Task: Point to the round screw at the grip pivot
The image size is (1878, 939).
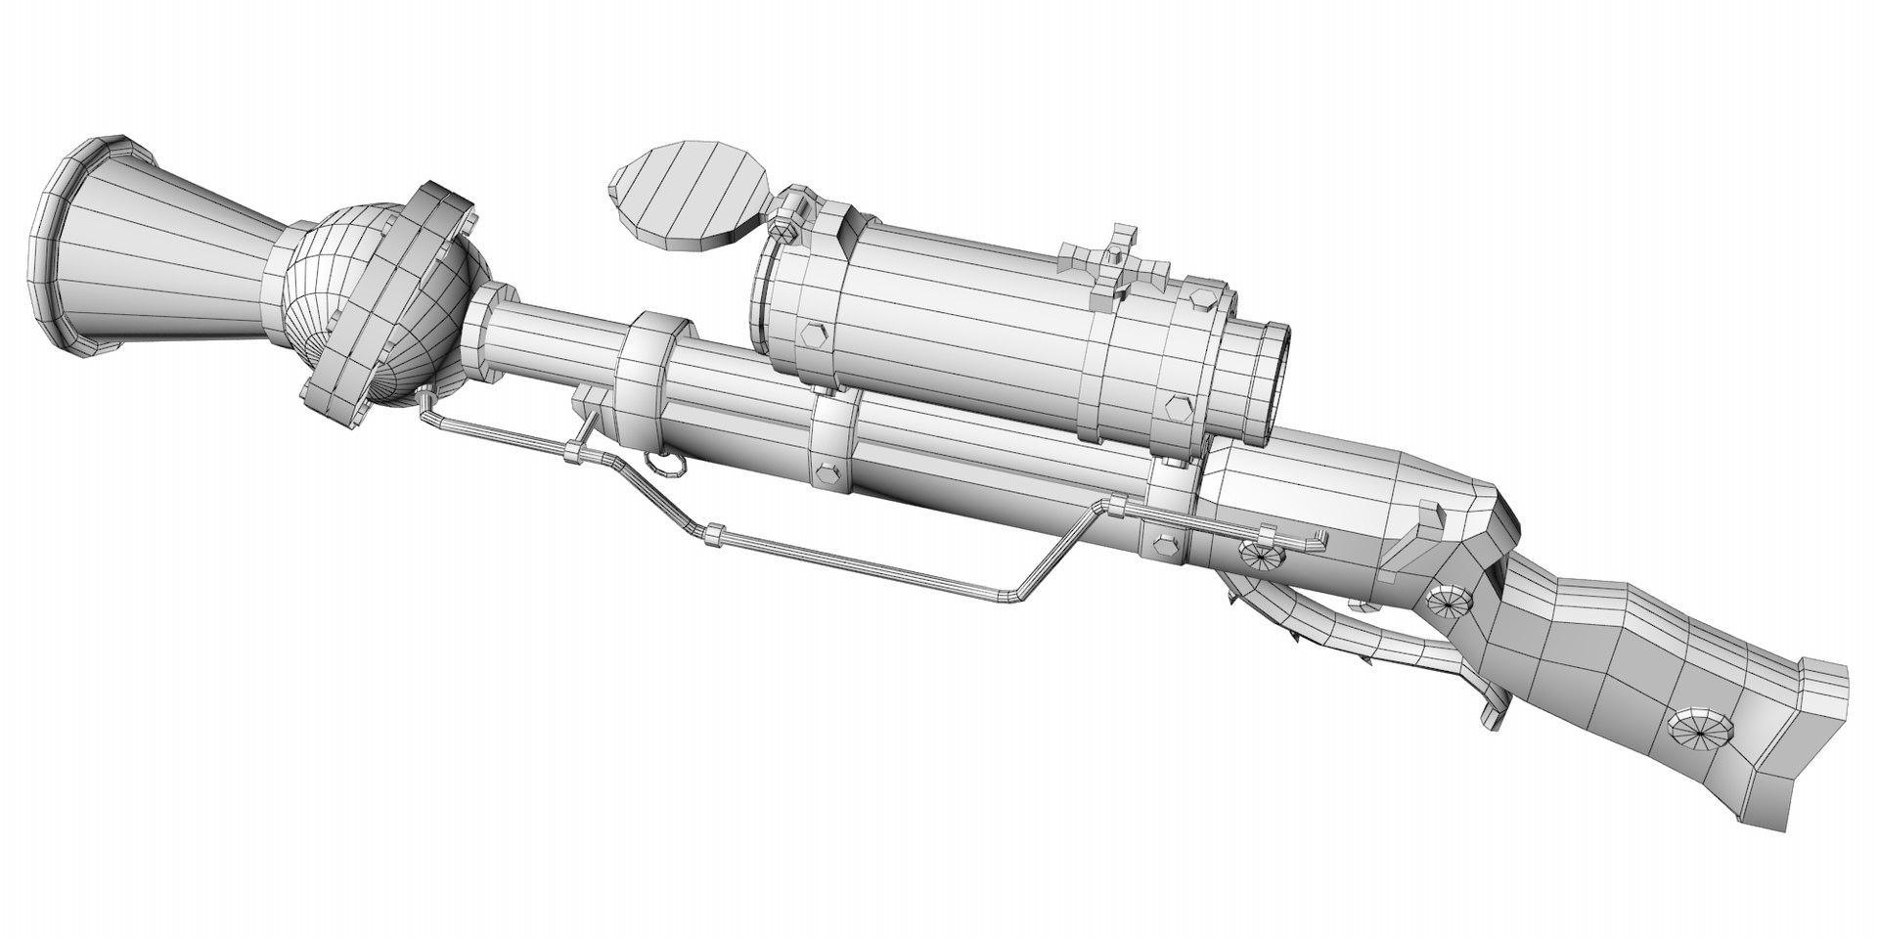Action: point(1448,599)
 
